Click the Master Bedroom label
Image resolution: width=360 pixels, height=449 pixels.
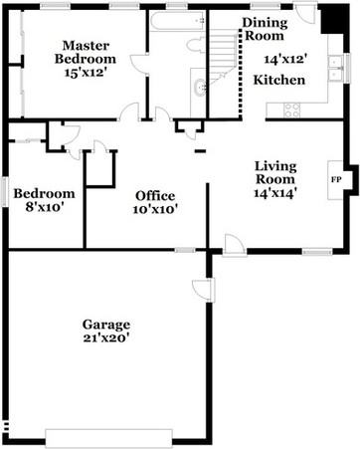[86, 53]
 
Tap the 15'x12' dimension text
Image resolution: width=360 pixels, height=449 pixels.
[86, 74]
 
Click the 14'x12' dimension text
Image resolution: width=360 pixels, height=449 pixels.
[285, 59]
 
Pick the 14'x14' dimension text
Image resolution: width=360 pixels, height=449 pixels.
[275, 193]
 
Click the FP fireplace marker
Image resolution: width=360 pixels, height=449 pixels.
[335, 180]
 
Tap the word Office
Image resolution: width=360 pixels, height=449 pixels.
[154, 195]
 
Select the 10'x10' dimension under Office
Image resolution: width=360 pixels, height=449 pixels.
[154, 210]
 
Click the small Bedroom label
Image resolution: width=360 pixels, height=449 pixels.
[44, 193]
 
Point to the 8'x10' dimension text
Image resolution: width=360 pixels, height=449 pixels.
[44, 209]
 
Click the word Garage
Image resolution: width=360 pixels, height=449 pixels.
[106, 325]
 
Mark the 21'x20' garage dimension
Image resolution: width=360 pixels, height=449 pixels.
[106, 339]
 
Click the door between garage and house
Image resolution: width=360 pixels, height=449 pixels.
[204, 289]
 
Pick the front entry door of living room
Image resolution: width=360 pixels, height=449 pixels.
[234, 245]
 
